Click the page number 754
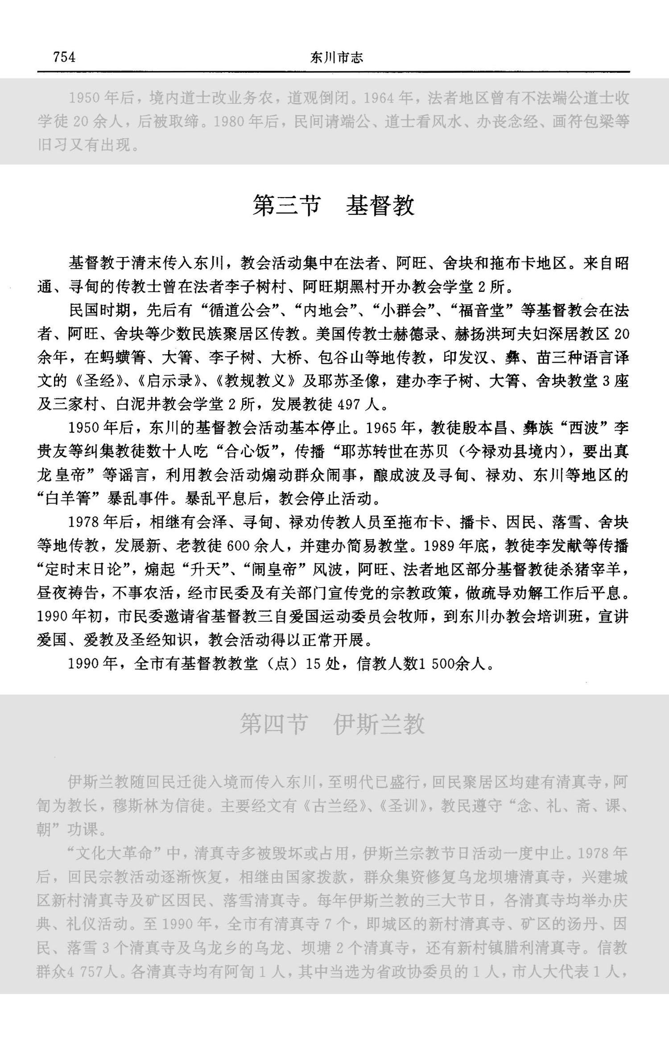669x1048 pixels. point(64,57)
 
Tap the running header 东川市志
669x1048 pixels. point(336,58)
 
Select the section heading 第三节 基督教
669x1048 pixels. point(334,206)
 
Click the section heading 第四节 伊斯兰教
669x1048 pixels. point(332,723)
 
